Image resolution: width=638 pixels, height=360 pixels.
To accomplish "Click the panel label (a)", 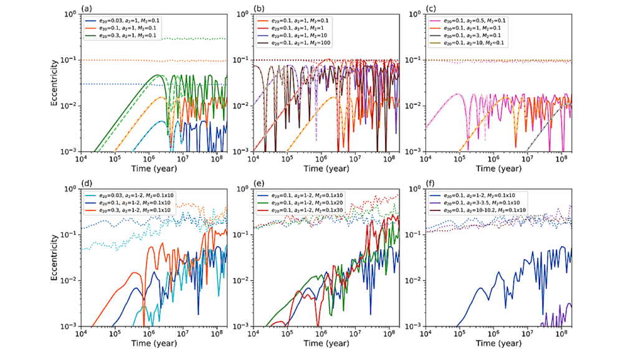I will click(x=86, y=8).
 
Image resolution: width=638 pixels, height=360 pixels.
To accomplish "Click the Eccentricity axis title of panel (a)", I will click(x=55, y=82).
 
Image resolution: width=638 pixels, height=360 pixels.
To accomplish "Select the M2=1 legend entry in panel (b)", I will click(x=298, y=29).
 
